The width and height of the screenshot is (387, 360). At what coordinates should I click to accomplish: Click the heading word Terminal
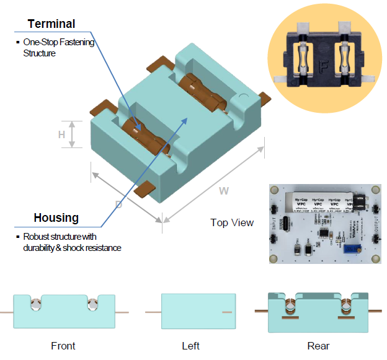point(51,24)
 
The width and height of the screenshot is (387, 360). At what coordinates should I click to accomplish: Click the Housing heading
point(56,217)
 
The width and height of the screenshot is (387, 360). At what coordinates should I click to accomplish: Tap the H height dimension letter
point(61,134)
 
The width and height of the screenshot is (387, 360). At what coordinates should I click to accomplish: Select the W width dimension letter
point(223,191)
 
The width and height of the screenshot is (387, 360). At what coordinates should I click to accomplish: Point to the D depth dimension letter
point(118,204)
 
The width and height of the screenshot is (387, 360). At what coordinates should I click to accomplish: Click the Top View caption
point(231,222)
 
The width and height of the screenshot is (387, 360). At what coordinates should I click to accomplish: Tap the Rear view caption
point(318,346)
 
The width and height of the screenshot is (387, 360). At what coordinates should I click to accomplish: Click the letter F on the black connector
point(322,65)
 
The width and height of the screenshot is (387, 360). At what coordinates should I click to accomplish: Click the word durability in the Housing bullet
point(42,248)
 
